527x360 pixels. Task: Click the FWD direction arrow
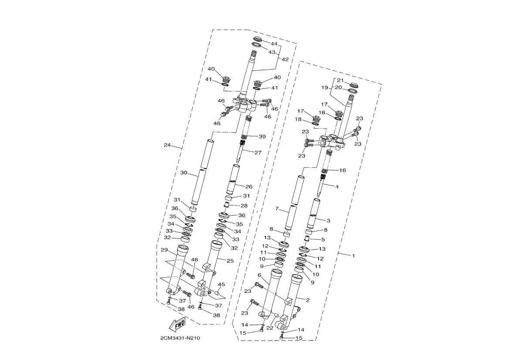pyautogui.click(x=177, y=324)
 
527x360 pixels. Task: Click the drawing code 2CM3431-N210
pyautogui.click(x=180, y=338)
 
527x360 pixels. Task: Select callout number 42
pyautogui.click(x=285, y=60)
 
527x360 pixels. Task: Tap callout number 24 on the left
pyautogui.click(x=167, y=145)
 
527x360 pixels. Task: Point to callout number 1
pyautogui.click(x=354, y=256)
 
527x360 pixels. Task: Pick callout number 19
pyautogui.click(x=325, y=88)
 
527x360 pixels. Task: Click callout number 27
pyautogui.click(x=258, y=153)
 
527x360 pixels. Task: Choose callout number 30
pyautogui.click(x=184, y=173)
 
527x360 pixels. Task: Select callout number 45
pyautogui.click(x=221, y=284)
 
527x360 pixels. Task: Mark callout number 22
pyautogui.click(x=270, y=328)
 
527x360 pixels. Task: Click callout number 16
pyautogui.click(x=343, y=170)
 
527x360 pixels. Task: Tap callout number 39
pyautogui.click(x=262, y=137)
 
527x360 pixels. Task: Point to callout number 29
pyautogui.click(x=164, y=250)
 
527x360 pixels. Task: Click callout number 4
pyautogui.click(x=337, y=187)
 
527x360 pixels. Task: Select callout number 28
pyautogui.click(x=244, y=206)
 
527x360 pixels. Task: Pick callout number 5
pyautogui.click(x=323, y=240)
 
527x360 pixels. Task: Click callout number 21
pyautogui.click(x=340, y=80)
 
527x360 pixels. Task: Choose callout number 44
pyautogui.click(x=274, y=44)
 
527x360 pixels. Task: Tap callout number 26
pyautogui.click(x=248, y=187)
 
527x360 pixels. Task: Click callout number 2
pyautogui.click(x=308, y=300)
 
